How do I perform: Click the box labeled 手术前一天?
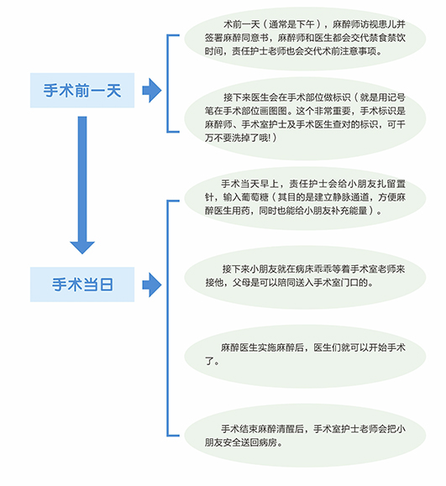pos(82,90)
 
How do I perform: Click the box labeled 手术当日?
pos(82,285)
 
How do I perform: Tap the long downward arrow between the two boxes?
pos(82,185)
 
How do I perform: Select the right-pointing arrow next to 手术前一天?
pos(152,90)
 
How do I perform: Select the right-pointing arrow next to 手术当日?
pos(152,285)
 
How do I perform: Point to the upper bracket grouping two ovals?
pos(168,84)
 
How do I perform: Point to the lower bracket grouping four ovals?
pos(168,318)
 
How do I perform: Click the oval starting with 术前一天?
pos(305,39)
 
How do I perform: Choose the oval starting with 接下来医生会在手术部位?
pos(305,118)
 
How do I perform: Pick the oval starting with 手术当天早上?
pos(305,198)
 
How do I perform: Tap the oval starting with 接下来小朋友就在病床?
pos(305,277)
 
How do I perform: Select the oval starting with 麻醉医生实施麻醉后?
pos(305,356)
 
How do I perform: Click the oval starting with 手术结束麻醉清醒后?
pos(305,435)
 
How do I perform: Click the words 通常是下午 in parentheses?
pos(291,24)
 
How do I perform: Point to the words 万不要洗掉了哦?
pos(236,138)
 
